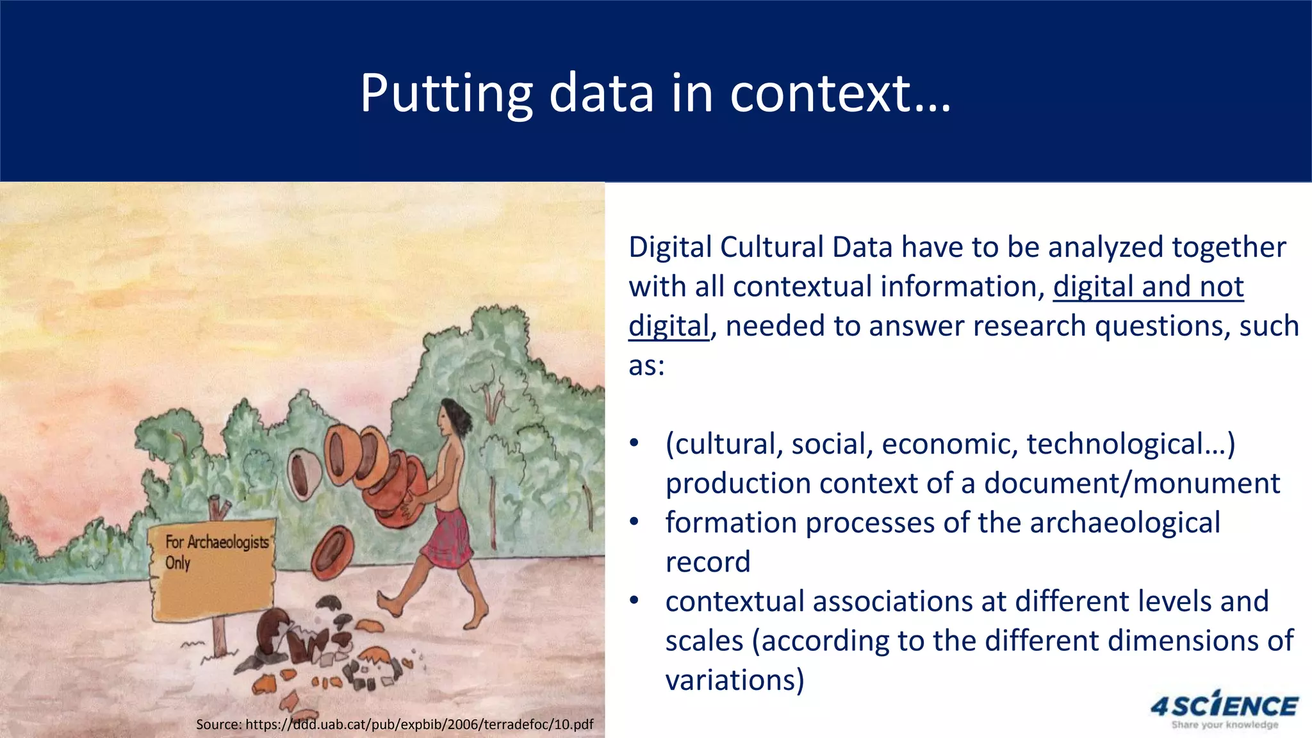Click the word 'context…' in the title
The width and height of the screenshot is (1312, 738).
click(x=840, y=94)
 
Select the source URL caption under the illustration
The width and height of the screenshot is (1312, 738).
click(x=395, y=725)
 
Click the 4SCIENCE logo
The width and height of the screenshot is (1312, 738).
click(x=1224, y=706)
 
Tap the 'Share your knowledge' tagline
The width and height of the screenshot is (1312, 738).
click(x=1224, y=725)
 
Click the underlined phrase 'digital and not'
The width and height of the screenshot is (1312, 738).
click(x=1148, y=286)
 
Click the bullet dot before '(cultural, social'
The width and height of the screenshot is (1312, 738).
click(x=634, y=444)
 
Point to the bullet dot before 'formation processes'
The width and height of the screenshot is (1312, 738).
click(x=634, y=523)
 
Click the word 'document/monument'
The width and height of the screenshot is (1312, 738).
click(x=1132, y=484)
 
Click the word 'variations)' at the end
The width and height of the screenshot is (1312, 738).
click(x=735, y=680)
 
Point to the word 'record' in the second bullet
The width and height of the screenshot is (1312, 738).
click(x=708, y=562)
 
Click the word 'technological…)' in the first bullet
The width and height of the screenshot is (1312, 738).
click(x=1131, y=444)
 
